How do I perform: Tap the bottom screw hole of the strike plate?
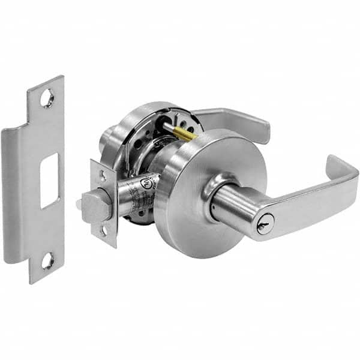click(x=47, y=260)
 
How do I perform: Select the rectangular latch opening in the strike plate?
click(x=49, y=180)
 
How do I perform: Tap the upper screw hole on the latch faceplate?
click(x=103, y=176)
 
